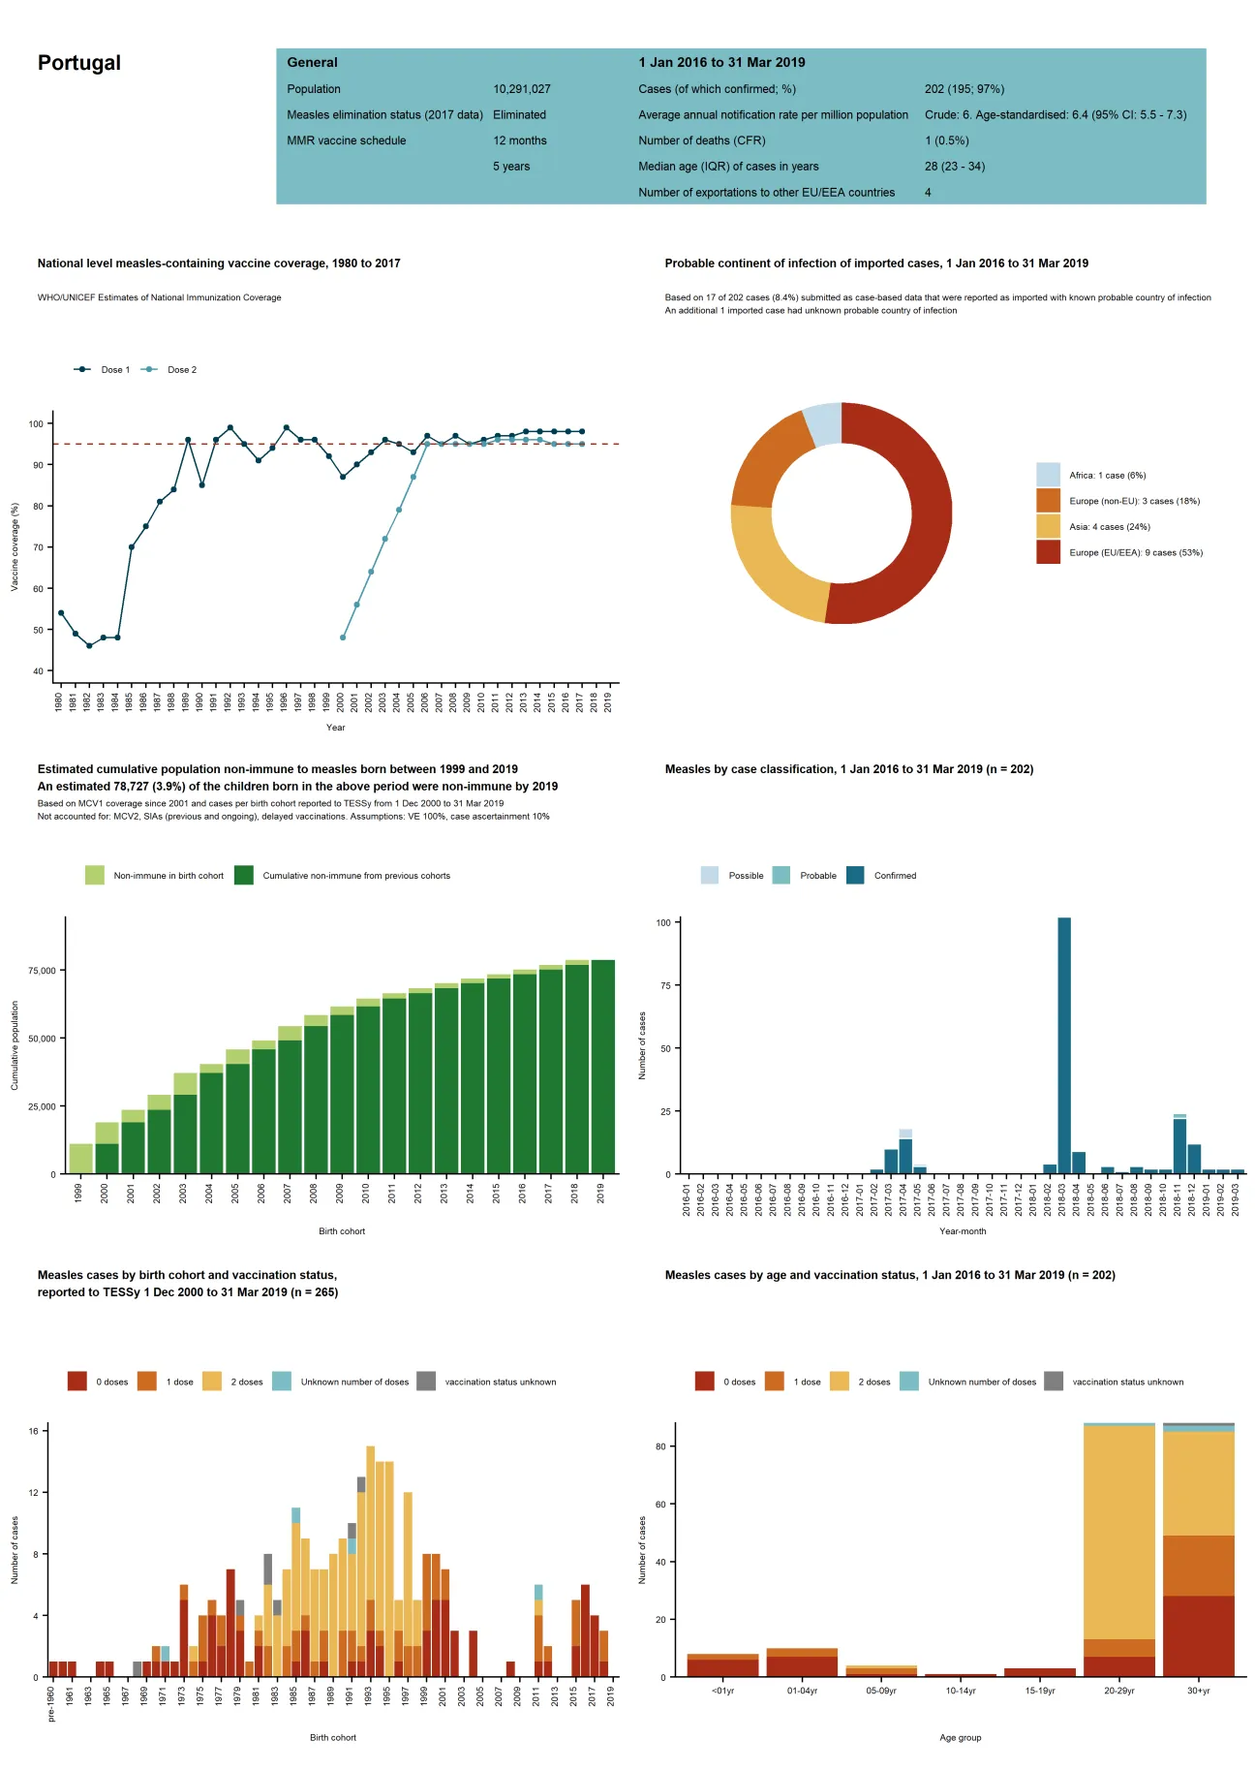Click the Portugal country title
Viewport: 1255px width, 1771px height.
click(x=79, y=63)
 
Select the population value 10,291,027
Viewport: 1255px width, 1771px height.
click(x=521, y=89)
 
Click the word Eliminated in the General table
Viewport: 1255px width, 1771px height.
click(x=519, y=114)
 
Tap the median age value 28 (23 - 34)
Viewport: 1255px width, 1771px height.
click(x=954, y=167)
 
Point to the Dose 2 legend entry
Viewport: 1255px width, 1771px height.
click(x=181, y=370)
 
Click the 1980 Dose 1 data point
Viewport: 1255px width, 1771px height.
click(x=61, y=613)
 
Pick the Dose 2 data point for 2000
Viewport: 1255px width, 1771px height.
click(x=343, y=637)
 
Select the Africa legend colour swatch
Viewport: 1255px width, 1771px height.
click(x=1048, y=475)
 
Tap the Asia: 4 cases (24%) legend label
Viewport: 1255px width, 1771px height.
click(x=1109, y=527)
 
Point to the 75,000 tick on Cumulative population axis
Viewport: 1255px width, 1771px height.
click(x=42, y=971)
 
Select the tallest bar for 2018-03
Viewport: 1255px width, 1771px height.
click(x=1064, y=1046)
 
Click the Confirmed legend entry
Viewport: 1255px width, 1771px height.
click(x=894, y=876)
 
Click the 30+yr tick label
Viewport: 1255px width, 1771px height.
click(x=1198, y=1691)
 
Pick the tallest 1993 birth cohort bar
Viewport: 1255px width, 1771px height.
click(x=370, y=1560)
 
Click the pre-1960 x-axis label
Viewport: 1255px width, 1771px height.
click(x=51, y=1704)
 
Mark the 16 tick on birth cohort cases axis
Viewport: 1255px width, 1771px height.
click(x=34, y=1431)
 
